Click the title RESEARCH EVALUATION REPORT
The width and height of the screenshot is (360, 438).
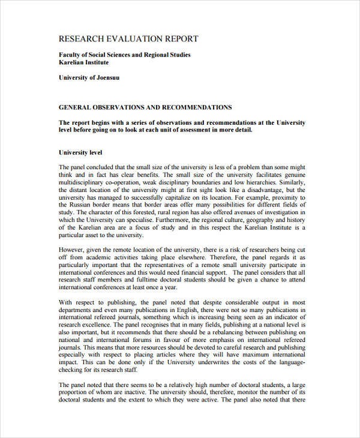click(128, 39)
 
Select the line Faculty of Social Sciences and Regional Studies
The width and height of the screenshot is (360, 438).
click(124, 55)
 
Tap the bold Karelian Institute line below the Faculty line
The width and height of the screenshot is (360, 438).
click(83, 62)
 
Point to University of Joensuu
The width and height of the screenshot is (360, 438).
click(88, 77)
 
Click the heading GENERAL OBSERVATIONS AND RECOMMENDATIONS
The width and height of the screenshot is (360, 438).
click(145, 107)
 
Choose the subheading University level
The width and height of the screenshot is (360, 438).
click(80, 152)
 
